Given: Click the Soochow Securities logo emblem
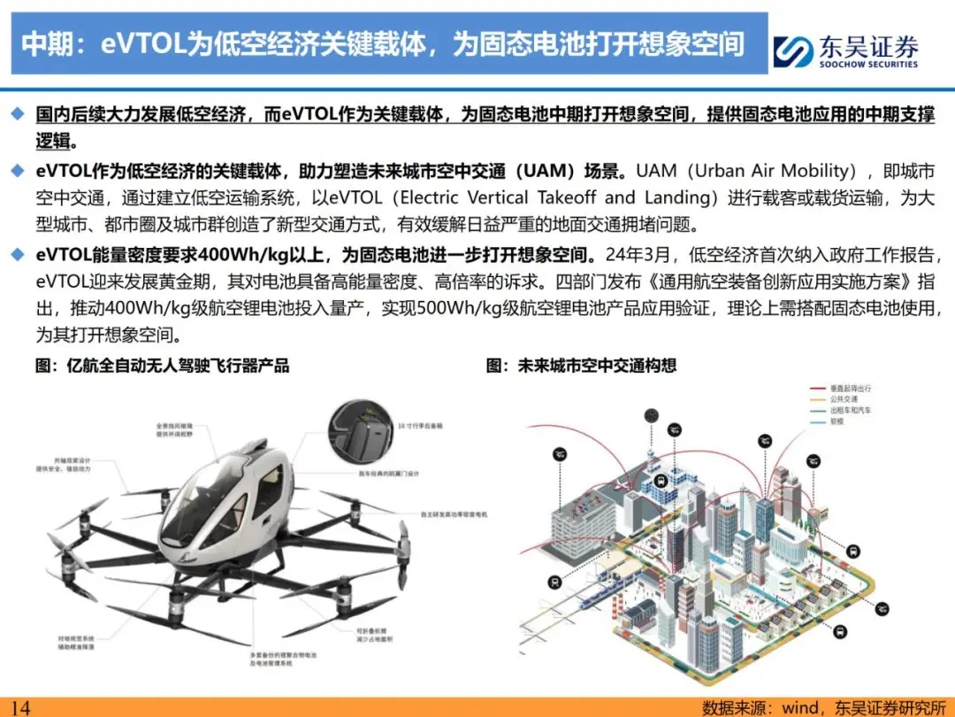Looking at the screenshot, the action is coord(793,50).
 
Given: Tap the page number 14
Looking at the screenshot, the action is coord(20,706).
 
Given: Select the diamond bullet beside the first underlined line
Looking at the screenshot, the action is coord(18,115).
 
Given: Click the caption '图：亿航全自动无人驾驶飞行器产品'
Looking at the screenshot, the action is coord(163,365).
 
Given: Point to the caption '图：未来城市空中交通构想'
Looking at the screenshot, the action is coord(581,365).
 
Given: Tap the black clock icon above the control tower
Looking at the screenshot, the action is coord(652,414).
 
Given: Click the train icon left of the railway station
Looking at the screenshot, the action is coord(554,582).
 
